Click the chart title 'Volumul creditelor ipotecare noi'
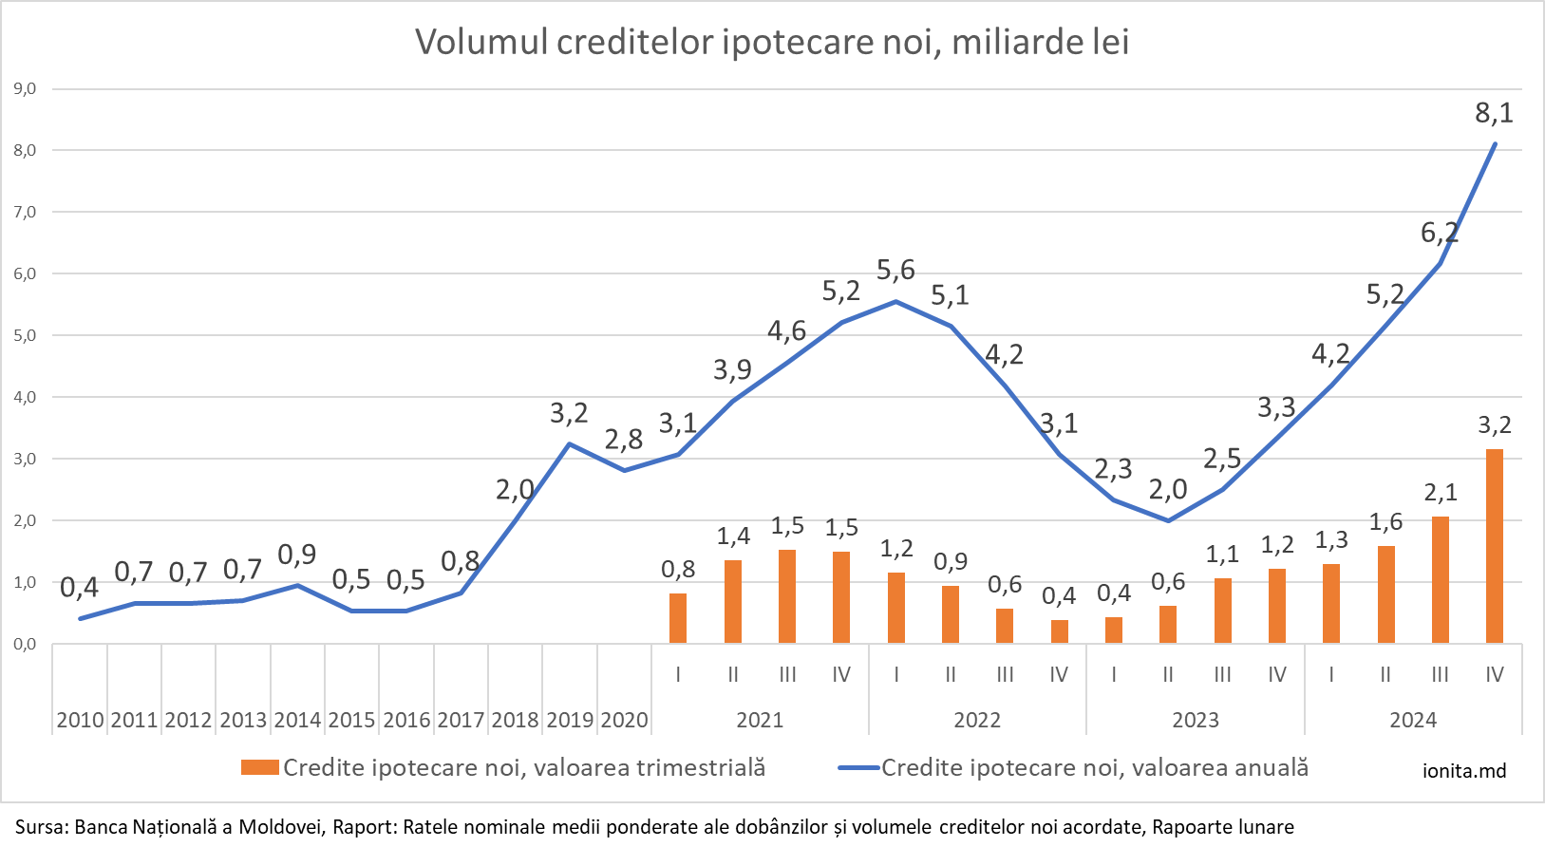tap(772, 43)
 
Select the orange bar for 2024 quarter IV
tap(1495, 546)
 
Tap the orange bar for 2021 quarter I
tap(678, 618)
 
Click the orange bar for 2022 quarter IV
tap(1060, 631)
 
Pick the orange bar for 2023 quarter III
tap(1223, 611)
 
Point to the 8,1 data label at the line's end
tap(1494, 114)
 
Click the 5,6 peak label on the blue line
tap(895, 271)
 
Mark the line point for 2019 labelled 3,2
tap(570, 443)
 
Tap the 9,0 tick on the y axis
tap(25, 89)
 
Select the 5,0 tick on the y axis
tap(25, 336)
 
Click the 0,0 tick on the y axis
tap(25, 645)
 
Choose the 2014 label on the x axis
tap(297, 721)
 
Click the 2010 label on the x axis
tap(80, 721)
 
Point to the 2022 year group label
tap(977, 721)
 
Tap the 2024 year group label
tap(1413, 721)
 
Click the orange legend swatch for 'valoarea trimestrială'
tap(259, 767)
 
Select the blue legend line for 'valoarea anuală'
tap(858, 767)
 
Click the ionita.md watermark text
tap(1464, 770)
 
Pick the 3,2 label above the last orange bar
tap(1495, 425)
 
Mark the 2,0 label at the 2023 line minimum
tap(1168, 490)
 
